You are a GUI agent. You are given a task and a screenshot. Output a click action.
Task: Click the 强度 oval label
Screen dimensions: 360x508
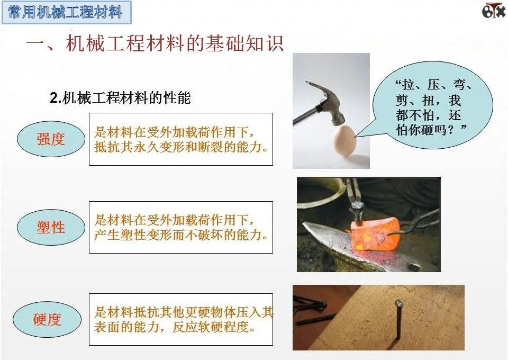(51, 139)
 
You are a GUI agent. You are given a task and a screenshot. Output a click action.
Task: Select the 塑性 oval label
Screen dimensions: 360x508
(51, 228)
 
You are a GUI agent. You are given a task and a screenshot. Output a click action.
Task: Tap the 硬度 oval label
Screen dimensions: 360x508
(47, 319)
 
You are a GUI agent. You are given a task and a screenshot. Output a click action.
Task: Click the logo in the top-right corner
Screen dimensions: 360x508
(493, 11)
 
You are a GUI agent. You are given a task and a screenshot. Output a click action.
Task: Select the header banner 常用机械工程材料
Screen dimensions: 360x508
(66, 12)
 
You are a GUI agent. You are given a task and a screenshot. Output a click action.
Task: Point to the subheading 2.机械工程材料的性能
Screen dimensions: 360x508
(120, 98)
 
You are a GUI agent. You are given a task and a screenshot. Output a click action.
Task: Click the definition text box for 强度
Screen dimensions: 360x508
(181, 139)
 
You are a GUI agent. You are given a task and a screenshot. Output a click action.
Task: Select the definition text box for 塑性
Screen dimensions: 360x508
(181, 227)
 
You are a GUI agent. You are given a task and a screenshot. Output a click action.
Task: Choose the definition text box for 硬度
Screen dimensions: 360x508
(181, 319)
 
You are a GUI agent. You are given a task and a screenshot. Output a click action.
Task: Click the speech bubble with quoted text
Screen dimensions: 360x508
(432, 106)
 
